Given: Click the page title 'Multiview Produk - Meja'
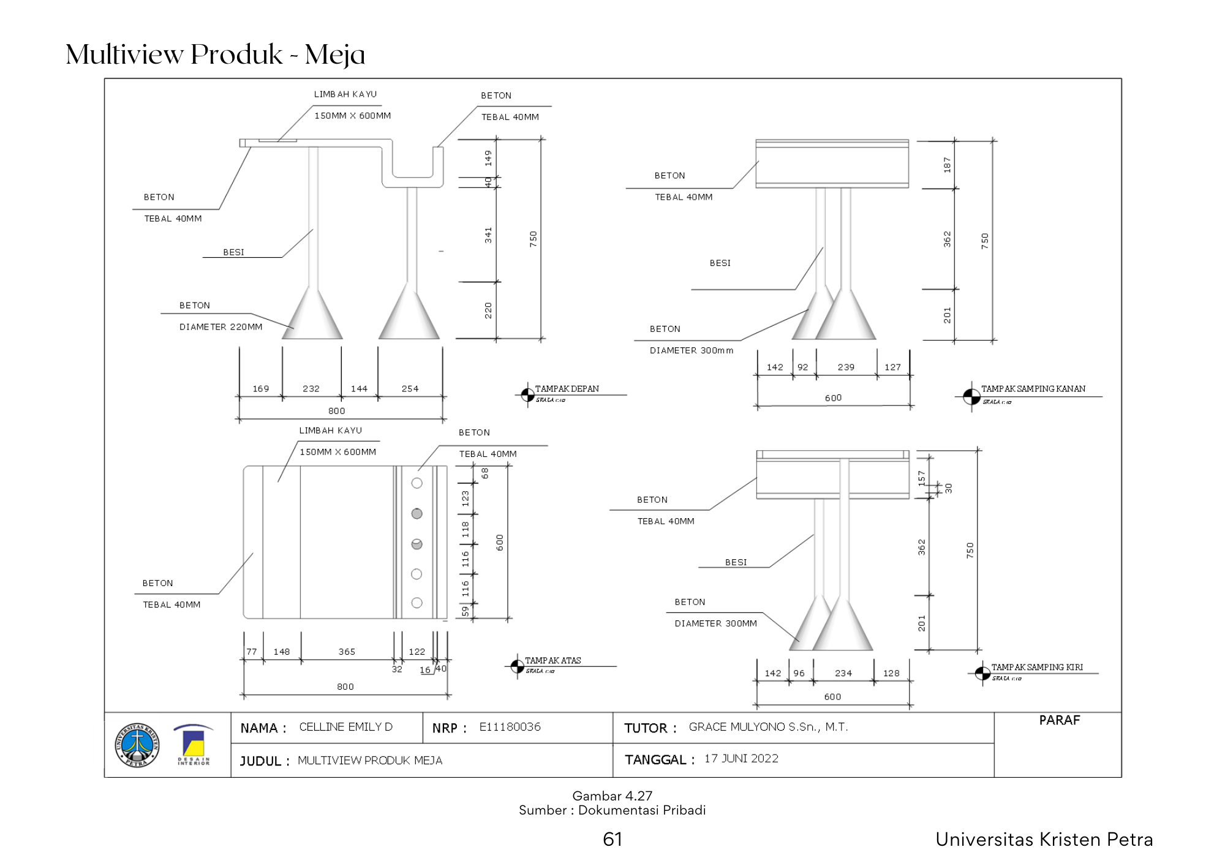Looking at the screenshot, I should [x=215, y=55].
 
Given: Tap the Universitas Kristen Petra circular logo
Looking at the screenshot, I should [x=137, y=745].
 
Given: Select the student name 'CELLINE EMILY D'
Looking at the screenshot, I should [x=345, y=727].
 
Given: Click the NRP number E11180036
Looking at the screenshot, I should [x=510, y=727].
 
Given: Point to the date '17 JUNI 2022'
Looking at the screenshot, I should [x=741, y=759].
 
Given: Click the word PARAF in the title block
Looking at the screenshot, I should [x=1059, y=720].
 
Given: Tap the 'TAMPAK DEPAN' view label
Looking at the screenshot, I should [x=567, y=389].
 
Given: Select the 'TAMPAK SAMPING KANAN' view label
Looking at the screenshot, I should [x=1033, y=389].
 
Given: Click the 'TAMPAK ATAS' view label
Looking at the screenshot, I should [x=552, y=661].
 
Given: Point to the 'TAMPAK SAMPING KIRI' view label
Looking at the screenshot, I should [x=1037, y=668].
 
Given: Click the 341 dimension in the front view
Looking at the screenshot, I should [x=488, y=235].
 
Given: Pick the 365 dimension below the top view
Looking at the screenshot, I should [x=347, y=652].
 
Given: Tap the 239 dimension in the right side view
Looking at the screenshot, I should [x=846, y=367].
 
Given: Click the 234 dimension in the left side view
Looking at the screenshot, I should [x=843, y=673].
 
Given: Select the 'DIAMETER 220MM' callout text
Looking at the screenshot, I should [x=221, y=327].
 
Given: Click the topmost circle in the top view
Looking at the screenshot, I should [x=417, y=483].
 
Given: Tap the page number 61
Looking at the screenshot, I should [x=612, y=839].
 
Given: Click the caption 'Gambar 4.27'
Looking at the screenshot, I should [x=612, y=796].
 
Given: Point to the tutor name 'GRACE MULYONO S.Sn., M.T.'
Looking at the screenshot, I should [x=768, y=727].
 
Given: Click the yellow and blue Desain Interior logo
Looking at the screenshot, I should [x=194, y=745].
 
